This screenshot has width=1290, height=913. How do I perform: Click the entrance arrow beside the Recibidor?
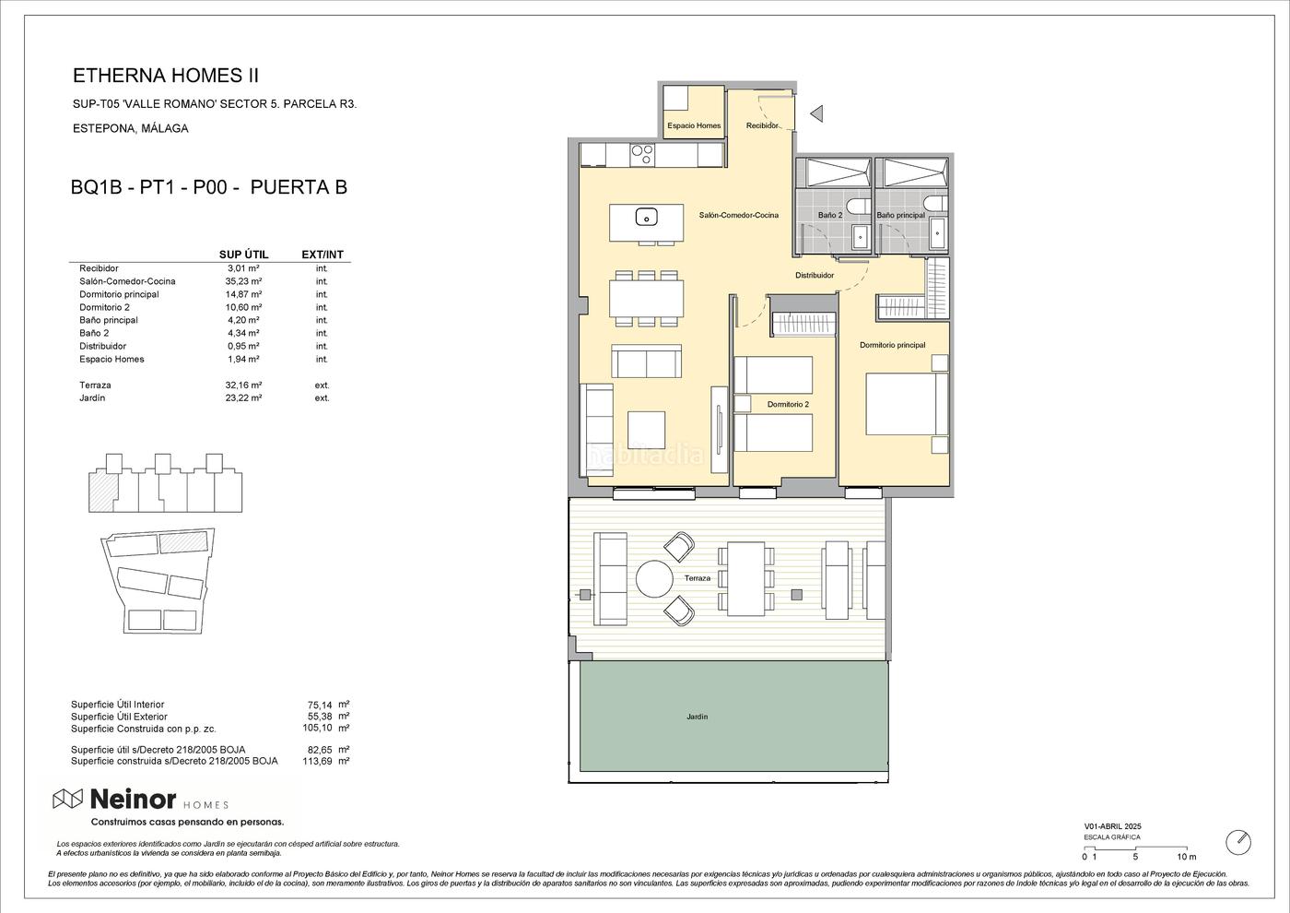click(816, 114)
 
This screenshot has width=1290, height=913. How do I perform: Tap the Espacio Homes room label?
click(694, 125)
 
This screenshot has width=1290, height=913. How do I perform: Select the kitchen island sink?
click(647, 218)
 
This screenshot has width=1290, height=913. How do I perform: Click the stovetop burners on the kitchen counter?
click(641, 155)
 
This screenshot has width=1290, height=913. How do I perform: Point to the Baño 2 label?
click(830, 215)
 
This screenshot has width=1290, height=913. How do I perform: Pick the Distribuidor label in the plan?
click(815, 276)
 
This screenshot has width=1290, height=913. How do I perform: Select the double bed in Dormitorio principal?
click(907, 404)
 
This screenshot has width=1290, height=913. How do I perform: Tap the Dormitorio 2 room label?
click(788, 405)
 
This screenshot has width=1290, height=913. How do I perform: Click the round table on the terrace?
click(654, 579)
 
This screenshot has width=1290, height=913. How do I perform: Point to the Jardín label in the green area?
click(697, 717)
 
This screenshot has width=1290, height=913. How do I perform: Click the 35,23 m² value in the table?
click(243, 281)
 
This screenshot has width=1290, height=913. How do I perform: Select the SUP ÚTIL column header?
click(243, 255)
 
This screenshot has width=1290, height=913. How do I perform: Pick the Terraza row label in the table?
click(95, 385)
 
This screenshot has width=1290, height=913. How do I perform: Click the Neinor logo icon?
click(68, 799)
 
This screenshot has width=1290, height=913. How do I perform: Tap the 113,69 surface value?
click(317, 762)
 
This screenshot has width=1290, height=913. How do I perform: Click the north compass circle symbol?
click(1238, 843)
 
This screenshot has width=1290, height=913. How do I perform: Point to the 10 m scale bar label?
click(1187, 857)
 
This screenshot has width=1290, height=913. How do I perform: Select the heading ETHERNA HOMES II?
click(166, 76)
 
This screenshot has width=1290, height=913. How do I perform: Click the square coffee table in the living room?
click(646, 430)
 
